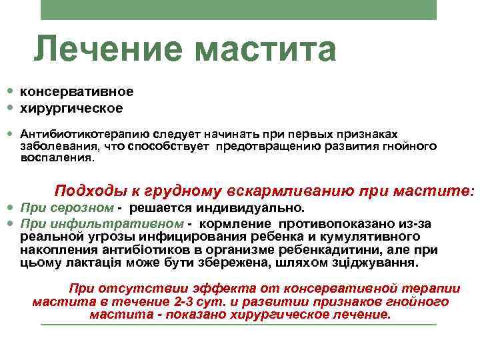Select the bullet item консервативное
click(77, 91)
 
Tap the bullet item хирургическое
click(71, 107)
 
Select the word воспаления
click(57, 159)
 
